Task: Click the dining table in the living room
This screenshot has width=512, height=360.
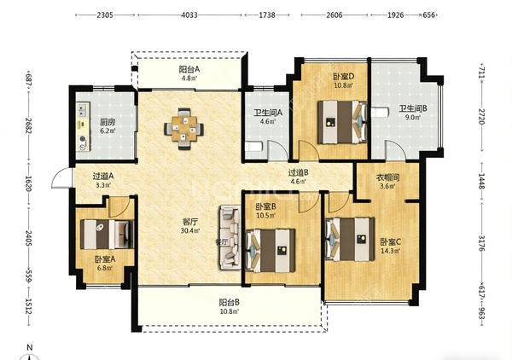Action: [x=183, y=129]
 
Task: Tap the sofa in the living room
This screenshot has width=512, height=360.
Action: [x=230, y=237]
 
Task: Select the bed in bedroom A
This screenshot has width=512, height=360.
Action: [x=108, y=234]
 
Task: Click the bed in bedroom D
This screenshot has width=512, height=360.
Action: [x=342, y=122]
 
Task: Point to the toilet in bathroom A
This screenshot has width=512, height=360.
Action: [x=253, y=147]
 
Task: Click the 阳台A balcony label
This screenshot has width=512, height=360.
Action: [x=189, y=69]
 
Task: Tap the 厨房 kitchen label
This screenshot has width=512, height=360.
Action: [x=108, y=122]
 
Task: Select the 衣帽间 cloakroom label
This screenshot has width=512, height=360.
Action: [x=388, y=177]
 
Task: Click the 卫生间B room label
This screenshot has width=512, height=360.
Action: [x=413, y=108]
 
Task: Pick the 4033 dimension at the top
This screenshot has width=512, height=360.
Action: [x=189, y=15]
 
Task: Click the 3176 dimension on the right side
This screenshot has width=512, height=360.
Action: [x=481, y=242]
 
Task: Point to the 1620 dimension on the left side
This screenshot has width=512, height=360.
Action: [x=29, y=183]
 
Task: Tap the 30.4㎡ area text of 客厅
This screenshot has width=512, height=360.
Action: [x=190, y=230]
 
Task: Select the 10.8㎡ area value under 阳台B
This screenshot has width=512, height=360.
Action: [x=230, y=311]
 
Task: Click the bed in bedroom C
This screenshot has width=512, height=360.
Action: [x=350, y=240]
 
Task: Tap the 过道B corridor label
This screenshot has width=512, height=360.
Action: [x=299, y=172]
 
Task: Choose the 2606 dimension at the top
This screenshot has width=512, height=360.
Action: [x=335, y=15]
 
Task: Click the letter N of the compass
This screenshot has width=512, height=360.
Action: [x=29, y=347]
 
